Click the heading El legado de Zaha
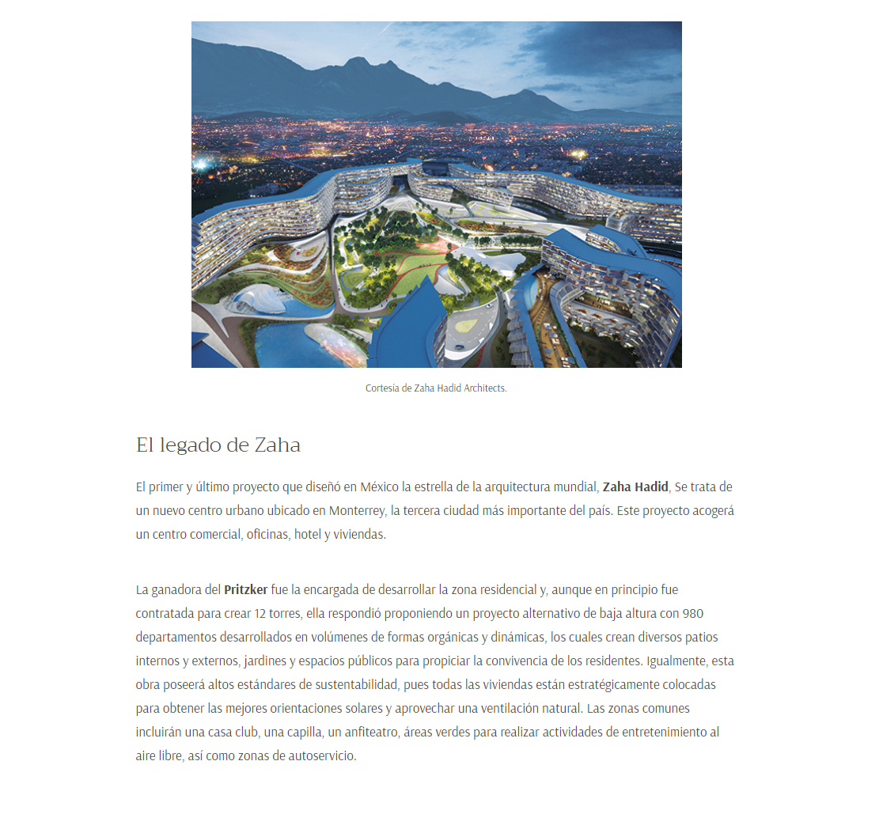coord(218,445)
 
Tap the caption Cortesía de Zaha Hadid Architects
coord(436,388)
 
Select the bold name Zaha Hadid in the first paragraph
coord(635,487)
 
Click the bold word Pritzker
coord(245,589)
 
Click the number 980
coord(692,613)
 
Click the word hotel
coord(309,534)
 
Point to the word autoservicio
coord(324,755)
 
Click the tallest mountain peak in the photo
coord(358,61)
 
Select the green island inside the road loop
coord(467,324)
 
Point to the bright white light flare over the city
coord(200,163)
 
